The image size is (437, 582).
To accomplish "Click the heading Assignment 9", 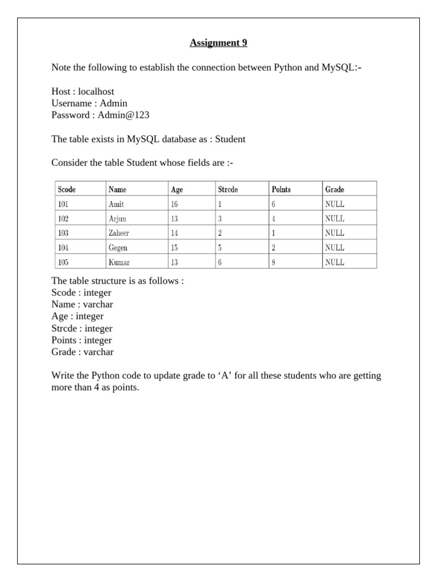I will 218,43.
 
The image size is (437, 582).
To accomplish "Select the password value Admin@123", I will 123,115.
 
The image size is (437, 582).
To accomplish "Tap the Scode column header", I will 67,189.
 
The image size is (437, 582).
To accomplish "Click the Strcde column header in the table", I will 228,189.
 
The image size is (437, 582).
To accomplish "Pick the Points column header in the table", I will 281,189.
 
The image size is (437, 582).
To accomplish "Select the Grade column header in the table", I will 334,189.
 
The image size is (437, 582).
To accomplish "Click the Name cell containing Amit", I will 116,204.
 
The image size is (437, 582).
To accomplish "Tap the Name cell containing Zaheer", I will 118,233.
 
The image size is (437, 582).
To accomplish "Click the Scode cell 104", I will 63,248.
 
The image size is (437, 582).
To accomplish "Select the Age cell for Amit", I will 174,204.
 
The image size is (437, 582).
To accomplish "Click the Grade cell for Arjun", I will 334,218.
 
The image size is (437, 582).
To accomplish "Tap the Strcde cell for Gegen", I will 220,248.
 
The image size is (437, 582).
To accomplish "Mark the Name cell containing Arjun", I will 117,218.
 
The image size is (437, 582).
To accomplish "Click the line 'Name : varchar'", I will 82,304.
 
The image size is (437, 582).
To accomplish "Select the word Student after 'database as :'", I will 229,139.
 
